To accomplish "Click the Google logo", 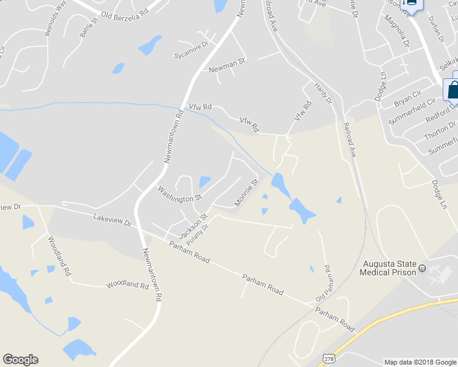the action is [20, 360].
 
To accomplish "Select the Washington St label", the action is [180, 194].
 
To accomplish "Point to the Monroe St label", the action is [247, 193].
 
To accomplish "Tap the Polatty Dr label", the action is [198, 234].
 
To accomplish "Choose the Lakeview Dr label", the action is [113, 220].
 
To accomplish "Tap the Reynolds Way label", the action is [56, 19].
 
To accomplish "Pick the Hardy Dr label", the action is [323, 92].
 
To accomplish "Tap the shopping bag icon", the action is [452, 89].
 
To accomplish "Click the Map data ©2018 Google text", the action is [419, 361].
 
